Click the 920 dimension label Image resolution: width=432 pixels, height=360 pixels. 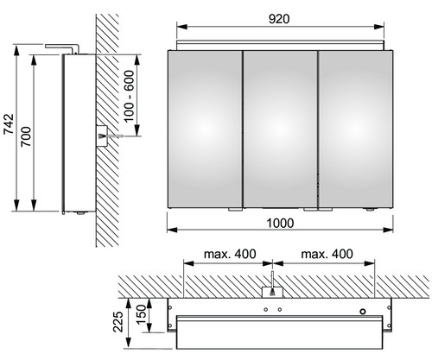click(x=279, y=19)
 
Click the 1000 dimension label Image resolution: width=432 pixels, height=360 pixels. click(x=280, y=224)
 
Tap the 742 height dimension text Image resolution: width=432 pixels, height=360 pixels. click(x=9, y=124)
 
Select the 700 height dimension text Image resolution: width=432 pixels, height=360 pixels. click(x=26, y=136)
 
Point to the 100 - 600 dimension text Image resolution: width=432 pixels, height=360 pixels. click(x=129, y=97)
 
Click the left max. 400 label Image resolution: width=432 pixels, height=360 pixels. click(x=230, y=254)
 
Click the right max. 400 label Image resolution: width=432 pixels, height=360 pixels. click(x=327, y=254)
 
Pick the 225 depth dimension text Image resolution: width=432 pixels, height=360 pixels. click(x=118, y=321)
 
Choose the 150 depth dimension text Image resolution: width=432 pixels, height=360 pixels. click(x=142, y=314)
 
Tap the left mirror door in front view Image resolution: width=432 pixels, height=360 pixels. click(x=205, y=129)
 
